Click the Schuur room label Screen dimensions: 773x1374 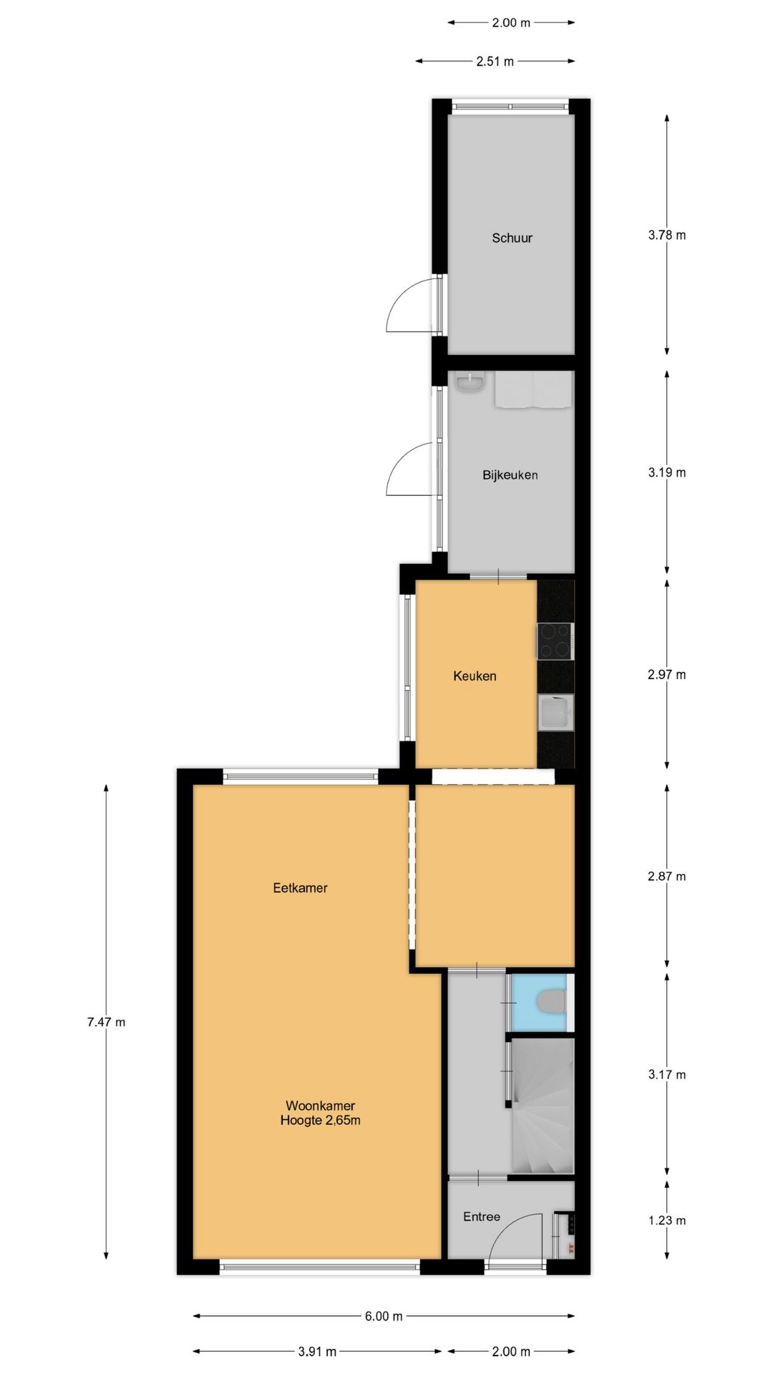[x=512, y=238]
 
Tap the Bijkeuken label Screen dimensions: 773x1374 [x=510, y=474]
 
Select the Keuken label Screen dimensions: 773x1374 [x=475, y=676]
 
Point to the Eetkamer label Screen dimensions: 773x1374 [x=300, y=888]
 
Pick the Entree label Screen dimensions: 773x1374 [x=482, y=1217]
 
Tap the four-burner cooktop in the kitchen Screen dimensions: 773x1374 [x=555, y=640]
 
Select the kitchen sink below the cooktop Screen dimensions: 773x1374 [x=556, y=713]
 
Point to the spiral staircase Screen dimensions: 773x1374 [x=542, y=1106]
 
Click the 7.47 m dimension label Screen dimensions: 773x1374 [x=106, y=1022]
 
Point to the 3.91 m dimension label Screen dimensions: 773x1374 [x=317, y=1351]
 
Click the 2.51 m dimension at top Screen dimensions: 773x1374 [x=495, y=62]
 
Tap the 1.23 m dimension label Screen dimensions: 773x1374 [x=667, y=1220]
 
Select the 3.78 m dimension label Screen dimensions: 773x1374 [x=667, y=235]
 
